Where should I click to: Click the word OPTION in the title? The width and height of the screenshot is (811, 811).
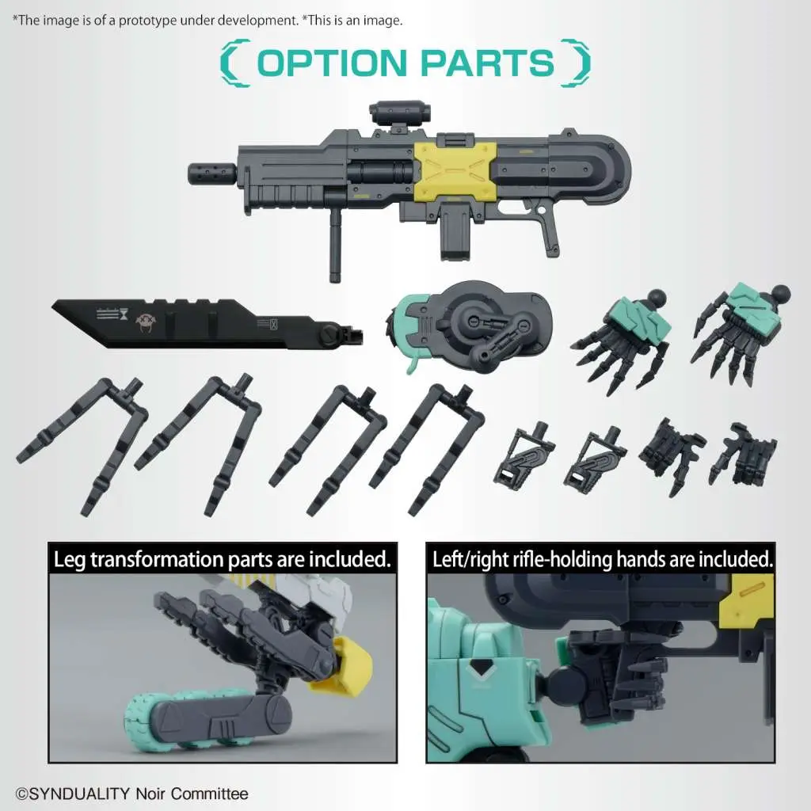point(332,63)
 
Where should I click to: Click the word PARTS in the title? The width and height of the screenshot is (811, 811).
point(488,63)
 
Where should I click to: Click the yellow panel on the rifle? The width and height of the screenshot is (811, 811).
point(455,171)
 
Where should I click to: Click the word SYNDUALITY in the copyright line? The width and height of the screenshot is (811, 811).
point(78,794)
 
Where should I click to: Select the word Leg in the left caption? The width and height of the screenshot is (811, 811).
point(70,561)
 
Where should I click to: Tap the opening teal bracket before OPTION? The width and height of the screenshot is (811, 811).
point(234,63)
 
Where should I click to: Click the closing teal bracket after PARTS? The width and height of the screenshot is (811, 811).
point(576,63)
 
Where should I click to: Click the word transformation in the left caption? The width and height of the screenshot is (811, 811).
point(157,560)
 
